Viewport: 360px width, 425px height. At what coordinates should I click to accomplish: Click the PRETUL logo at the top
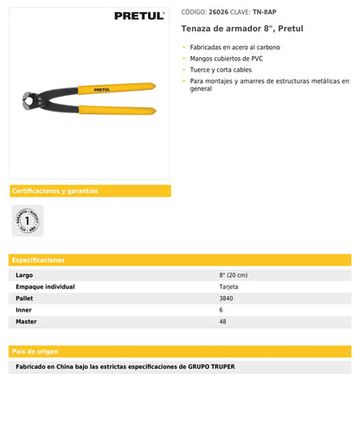click(140, 16)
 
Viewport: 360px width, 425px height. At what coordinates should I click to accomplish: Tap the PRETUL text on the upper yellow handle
click(101, 88)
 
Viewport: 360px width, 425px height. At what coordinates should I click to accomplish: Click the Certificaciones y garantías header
click(55, 190)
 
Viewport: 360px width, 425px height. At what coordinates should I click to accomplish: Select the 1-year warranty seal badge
click(27, 221)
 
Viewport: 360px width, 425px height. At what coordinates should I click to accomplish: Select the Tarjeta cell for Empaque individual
click(228, 287)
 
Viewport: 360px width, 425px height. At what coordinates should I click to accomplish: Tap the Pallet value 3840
click(226, 298)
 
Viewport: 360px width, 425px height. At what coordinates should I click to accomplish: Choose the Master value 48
click(222, 321)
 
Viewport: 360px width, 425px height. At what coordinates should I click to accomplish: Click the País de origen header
click(36, 351)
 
